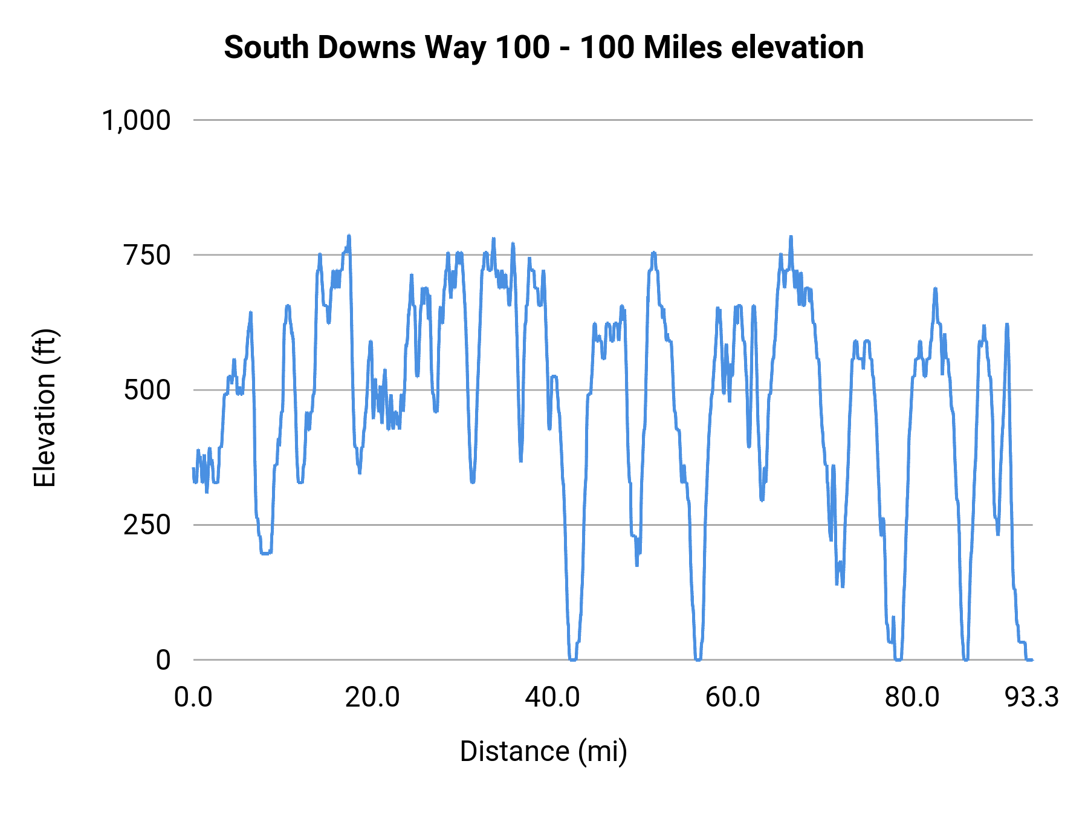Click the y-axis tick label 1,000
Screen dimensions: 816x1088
pos(137,120)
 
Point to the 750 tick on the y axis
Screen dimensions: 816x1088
pos(147,255)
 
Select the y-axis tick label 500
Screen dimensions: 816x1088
pos(147,390)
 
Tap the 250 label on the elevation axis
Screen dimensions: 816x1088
pos(147,525)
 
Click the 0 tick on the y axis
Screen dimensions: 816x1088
pos(163,659)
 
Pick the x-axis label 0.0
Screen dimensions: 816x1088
pos(193,698)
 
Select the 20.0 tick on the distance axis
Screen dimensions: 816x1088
pos(372,698)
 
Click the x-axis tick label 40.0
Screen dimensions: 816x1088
pos(552,698)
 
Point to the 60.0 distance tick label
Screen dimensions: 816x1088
pos(733,698)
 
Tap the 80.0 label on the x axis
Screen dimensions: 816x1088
pos(912,698)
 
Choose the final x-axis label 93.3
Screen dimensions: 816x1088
pos(1032,698)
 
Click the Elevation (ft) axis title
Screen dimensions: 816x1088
pos(45,409)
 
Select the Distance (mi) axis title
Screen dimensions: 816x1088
pos(543,751)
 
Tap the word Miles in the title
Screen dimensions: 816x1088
pos(682,47)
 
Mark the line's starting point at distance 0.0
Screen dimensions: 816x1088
pos(193,469)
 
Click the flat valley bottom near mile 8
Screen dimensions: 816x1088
pos(265,552)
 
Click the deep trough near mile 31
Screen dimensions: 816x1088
pos(473,481)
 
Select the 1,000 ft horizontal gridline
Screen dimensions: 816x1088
pos(604,120)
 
